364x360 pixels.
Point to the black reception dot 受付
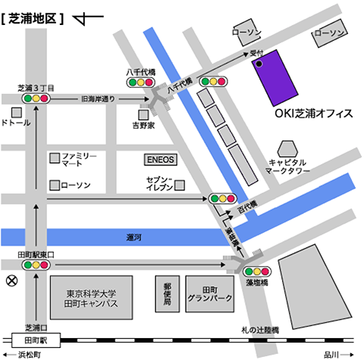pyautogui.click(x=259, y=64)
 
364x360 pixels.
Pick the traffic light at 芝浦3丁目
pyautogui.click(x=36, y=98)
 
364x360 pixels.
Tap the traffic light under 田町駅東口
pyautogui.click(x=36, y=265)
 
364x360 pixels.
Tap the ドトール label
pyautogui.click(x=17, y=122)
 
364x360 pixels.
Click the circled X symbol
pyautogui.click(x=11, y=280)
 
